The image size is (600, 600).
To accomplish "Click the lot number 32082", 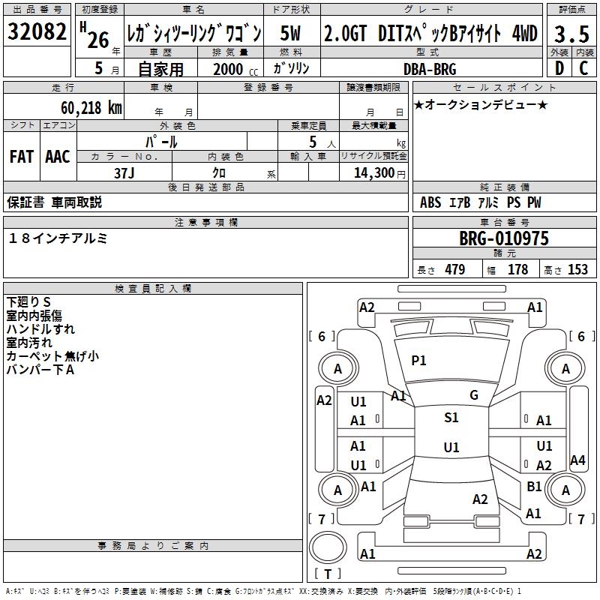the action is (x=37, y=33).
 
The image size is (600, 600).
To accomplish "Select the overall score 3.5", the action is (x=571, y=34).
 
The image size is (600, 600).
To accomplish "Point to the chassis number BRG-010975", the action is (x=504, y=238).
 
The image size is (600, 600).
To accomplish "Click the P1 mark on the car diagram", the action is (x=418, y=361).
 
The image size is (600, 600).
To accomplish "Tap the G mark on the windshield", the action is (x=474, y=395).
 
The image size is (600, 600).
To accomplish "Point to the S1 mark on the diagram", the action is (x=451, y=418).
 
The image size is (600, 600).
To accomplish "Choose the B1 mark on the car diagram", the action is (x=534, y=487).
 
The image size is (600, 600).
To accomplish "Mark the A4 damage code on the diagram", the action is (x=577, y=460).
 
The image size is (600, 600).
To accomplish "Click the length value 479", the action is (x=454, y=270).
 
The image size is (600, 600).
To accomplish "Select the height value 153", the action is (x=577, y=270).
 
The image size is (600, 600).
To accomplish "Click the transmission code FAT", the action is (x=21, y=157).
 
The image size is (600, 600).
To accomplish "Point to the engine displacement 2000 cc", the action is (x=232, y=69).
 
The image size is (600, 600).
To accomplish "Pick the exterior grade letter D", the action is (x=559, y=68).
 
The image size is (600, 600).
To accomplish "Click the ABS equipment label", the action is (x=430, y=202).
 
